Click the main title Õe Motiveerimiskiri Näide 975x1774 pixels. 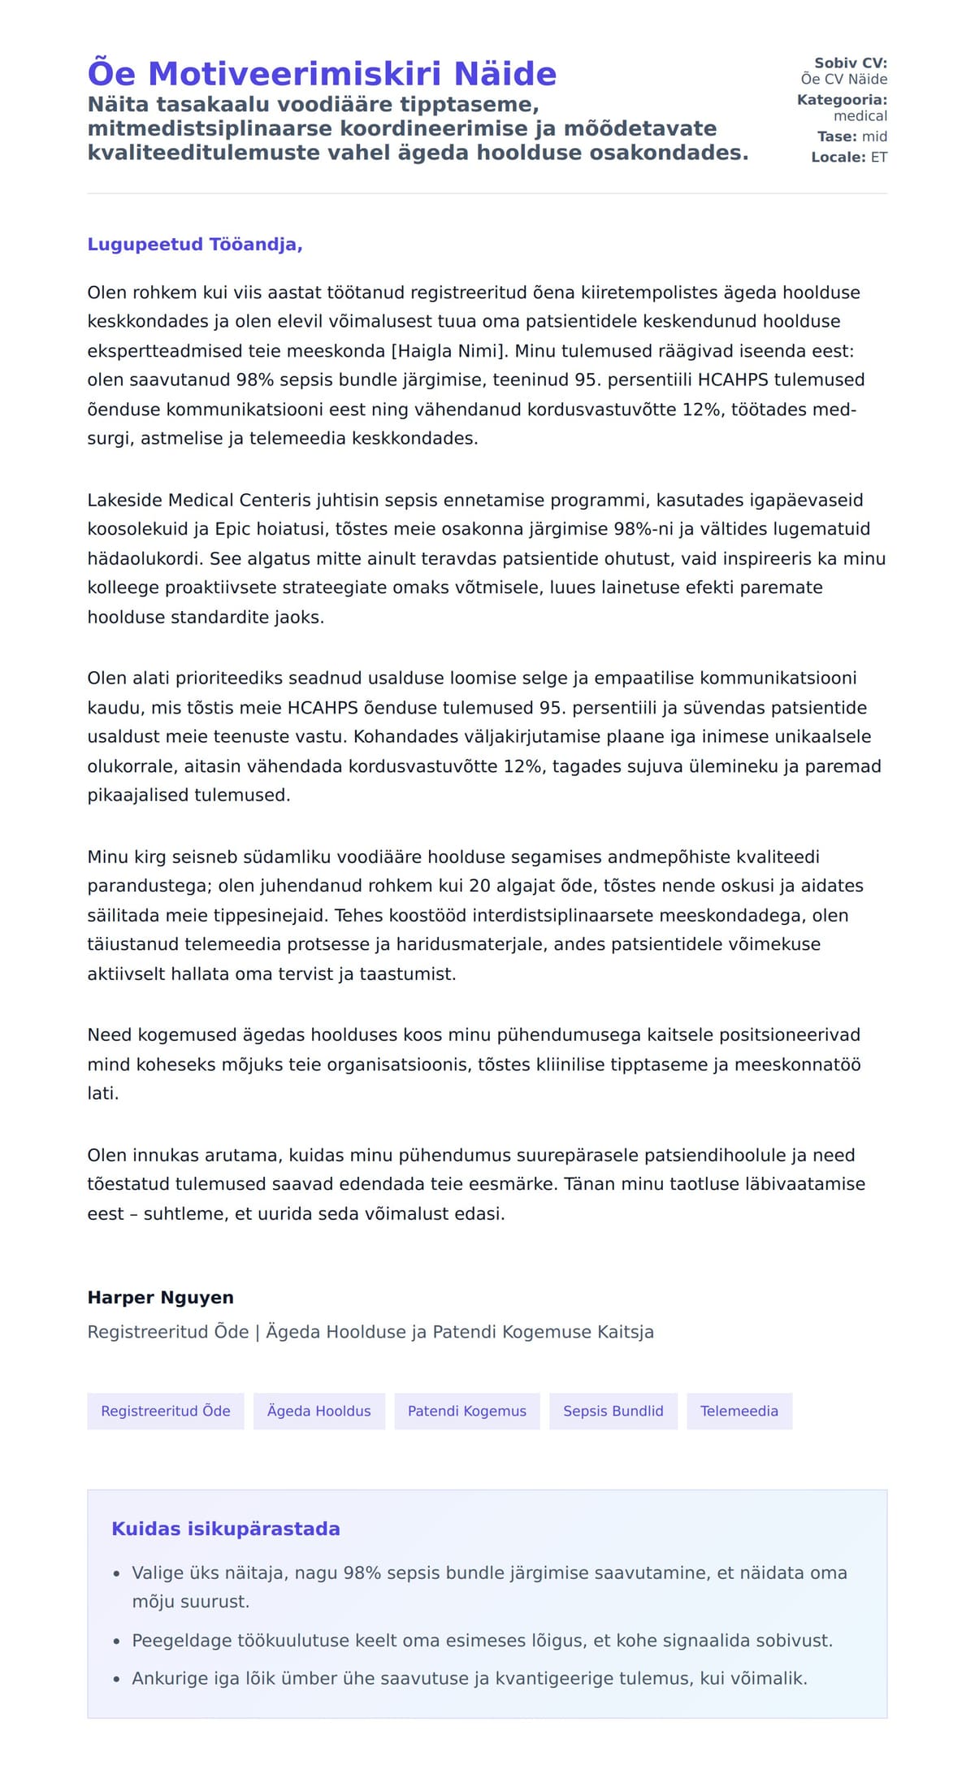[322, 74]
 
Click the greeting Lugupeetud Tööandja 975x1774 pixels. [195, 245]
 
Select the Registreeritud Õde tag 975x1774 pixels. [166, 1412]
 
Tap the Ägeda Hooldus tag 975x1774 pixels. [318, 1412]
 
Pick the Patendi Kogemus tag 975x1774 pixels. [466, 1412]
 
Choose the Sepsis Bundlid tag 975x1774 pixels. [613, 1412]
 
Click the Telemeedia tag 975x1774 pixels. [739, 1412]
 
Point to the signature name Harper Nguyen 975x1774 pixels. [160, 1298]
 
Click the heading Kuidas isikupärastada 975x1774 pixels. [225, 1529]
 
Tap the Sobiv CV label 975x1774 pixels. [850, 63]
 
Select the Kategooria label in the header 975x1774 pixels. [842, 100]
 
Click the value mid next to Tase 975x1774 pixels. [874, 137]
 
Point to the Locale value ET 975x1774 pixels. [878, 158]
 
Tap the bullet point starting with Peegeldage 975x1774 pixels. [482, 1641]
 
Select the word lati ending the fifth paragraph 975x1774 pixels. [103, 1094]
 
